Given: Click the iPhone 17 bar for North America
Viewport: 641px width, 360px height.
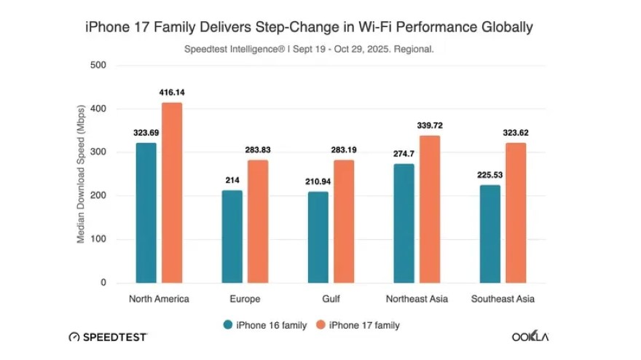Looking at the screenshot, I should tap(172, 193).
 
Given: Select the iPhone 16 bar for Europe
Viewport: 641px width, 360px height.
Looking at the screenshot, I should tap(232, 237).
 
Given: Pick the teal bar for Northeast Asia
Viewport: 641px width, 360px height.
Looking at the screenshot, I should tap(404, 224).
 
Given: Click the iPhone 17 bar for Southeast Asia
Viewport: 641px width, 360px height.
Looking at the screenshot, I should tap(516, 213).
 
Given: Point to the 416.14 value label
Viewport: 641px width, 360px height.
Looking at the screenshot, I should tap(172, 93).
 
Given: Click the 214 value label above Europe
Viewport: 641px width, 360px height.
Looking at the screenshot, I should tap(232, 179).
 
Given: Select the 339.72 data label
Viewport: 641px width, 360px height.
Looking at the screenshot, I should tap(430, 125).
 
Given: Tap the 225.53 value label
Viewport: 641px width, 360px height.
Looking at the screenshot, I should tap(490, 175).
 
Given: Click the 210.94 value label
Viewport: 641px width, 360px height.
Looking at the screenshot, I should tap(318, 181).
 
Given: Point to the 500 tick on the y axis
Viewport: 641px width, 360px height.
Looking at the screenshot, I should tap(98, 66).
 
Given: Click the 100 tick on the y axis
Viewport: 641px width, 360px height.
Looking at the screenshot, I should tap(98, 240).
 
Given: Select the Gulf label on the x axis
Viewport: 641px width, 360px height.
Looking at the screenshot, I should tap(331, 300).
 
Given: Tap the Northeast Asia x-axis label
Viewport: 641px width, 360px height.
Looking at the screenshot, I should tap(417, 300).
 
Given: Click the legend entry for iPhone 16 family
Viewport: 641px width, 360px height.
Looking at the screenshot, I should tap(264, 325).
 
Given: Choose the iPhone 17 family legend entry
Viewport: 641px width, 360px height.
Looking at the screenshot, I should tap(357, 325).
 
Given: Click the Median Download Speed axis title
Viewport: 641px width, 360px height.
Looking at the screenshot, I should tap(82, 174).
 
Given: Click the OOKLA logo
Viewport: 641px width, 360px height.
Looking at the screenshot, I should tap(530, 337).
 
